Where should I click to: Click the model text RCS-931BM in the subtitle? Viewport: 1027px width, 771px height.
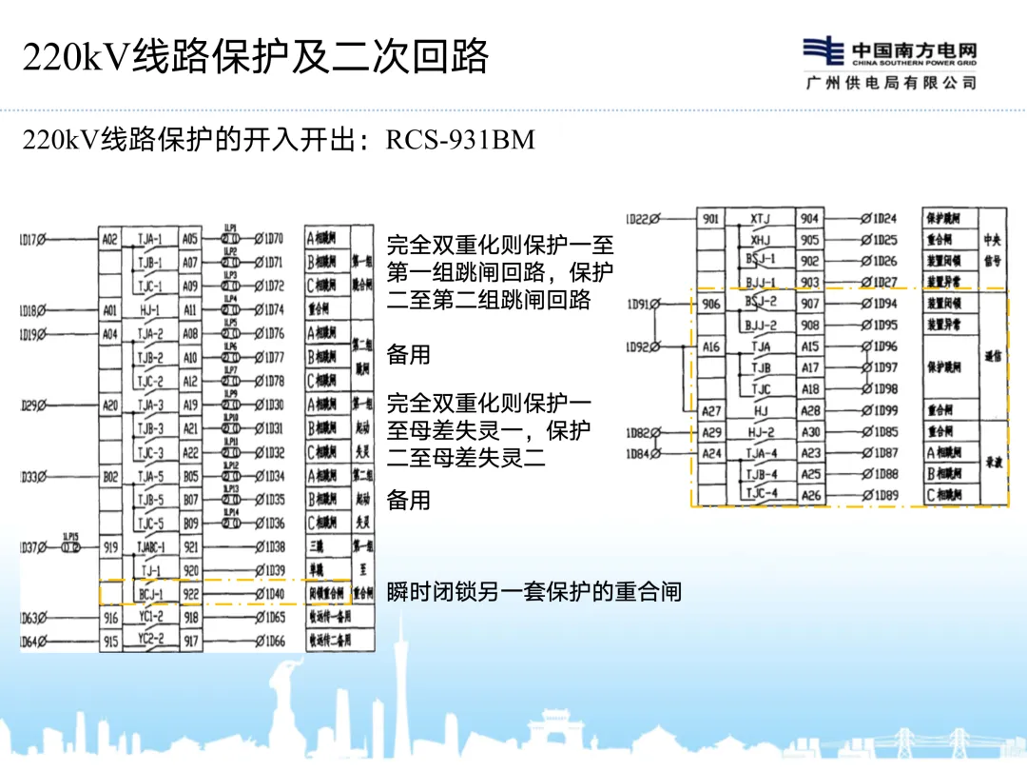(460, 141)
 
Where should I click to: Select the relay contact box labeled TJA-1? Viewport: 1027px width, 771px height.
(150, 239)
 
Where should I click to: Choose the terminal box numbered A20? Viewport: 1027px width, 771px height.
(110, 405)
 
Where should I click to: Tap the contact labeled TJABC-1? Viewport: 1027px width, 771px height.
(150, 547)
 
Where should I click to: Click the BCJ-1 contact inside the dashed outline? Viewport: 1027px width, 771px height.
(150, 594)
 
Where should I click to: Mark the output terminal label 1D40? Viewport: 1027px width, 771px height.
(271, 594)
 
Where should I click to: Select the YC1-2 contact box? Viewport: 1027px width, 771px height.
(150, 618)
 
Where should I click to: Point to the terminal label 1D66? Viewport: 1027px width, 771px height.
(271, 642)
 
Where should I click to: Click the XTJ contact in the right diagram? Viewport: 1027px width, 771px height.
(761, 219)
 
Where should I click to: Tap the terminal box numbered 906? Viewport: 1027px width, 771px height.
(711, 305)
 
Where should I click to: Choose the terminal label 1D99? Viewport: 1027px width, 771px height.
(882, 410)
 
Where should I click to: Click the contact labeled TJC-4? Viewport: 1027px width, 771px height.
(761, 494)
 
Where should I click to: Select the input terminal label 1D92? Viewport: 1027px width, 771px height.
(641, 347)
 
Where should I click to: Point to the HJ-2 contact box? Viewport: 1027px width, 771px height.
(761, 432)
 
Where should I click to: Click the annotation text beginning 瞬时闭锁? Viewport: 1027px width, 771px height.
(533, 591)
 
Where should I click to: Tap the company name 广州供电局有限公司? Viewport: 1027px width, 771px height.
(890, 84)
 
